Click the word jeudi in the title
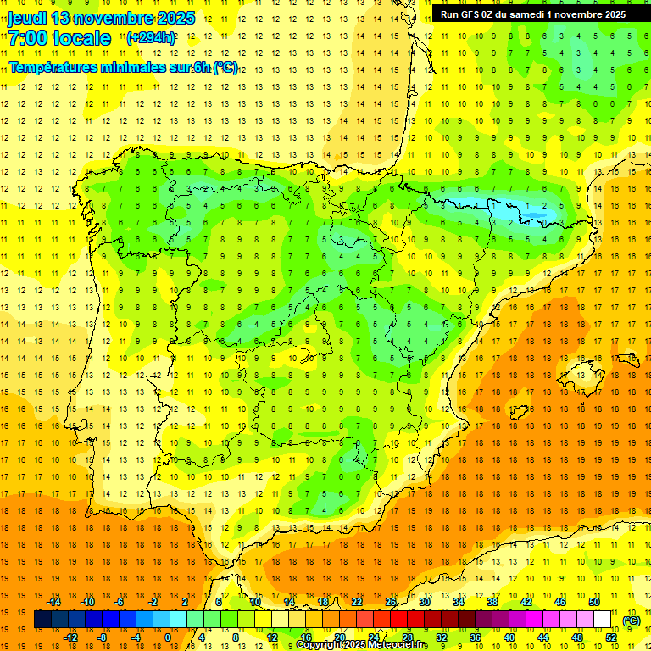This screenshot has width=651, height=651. tap(27, 18)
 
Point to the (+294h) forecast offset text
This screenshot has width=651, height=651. tap(151, 38)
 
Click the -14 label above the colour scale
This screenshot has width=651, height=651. tap(53, 602)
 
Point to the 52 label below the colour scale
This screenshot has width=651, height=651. tap(611, 637)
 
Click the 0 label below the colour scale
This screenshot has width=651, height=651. tap(168, 637)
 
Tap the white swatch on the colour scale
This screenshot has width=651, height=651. tap(603, 620)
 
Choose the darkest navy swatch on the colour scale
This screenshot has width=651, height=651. tap(42, 620)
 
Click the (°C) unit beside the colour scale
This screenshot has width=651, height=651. tap(632, 620)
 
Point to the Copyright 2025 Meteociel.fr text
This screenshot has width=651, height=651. tap(361, 645)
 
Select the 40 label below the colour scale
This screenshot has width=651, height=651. tap(509, 637)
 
